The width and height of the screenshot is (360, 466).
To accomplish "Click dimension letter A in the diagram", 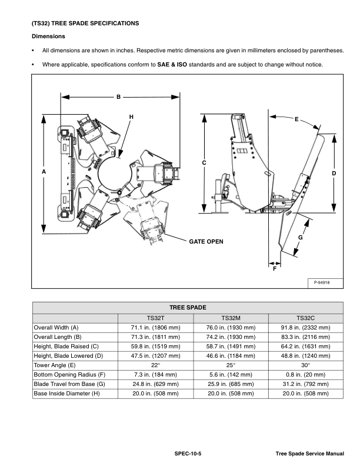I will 44,171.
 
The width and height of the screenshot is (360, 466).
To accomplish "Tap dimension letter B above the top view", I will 118,97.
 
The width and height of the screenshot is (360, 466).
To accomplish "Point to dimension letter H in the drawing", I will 131,117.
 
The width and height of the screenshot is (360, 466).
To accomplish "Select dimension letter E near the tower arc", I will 296,119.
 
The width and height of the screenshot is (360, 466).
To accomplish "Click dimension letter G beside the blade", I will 300,237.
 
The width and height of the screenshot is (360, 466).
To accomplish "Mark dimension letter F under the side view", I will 275,268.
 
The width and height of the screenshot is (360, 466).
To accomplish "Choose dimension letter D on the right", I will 334,174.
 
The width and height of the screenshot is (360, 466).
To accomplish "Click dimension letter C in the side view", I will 204,163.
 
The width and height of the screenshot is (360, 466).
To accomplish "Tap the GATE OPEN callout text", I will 206,241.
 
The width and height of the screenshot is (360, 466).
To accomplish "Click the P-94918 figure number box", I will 321,282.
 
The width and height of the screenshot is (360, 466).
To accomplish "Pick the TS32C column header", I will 305,317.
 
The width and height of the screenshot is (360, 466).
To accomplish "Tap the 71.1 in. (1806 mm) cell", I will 155,327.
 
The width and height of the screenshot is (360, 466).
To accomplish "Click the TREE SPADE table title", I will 188,307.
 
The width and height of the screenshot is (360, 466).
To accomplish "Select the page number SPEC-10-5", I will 187,454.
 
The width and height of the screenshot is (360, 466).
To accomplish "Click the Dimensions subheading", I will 48,36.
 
